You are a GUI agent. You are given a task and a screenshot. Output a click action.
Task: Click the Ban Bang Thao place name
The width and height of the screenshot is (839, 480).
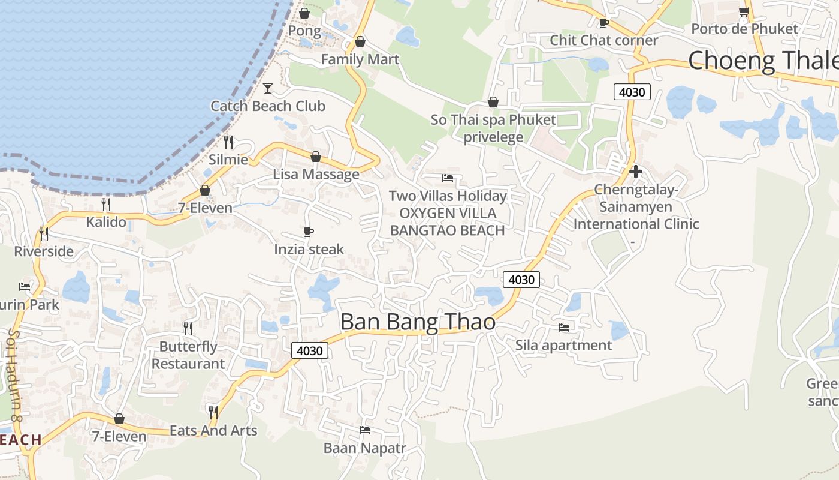(418, 322)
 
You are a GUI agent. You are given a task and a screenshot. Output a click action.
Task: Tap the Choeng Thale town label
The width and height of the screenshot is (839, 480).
(763, 61)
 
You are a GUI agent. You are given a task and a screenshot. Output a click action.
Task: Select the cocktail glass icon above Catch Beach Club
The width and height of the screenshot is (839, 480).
(268, 88)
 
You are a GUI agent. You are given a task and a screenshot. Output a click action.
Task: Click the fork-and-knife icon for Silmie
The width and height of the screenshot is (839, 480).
(228, 142)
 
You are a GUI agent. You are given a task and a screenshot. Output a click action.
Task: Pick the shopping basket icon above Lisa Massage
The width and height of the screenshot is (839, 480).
(316, 157)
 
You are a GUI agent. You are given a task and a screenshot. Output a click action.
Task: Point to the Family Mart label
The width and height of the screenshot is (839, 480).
(360, 59)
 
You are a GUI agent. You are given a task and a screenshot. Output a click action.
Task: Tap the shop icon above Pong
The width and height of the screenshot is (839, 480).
(304, 13)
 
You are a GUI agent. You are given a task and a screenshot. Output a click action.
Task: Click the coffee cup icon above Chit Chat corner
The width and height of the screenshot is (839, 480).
(603, 23)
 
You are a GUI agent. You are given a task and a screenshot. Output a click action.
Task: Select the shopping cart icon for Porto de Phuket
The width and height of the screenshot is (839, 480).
(744, 11)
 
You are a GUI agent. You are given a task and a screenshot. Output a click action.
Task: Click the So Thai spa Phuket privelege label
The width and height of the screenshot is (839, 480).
(493, 128)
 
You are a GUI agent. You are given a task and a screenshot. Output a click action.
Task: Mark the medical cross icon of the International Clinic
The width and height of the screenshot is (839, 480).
(636, 172)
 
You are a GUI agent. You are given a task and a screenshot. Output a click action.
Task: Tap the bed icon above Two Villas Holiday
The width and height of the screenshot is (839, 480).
(448, 178)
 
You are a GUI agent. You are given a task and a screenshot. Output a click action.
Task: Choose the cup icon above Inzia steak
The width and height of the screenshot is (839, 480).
(309, 232)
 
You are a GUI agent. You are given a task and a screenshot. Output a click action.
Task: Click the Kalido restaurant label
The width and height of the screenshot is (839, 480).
(106, 222)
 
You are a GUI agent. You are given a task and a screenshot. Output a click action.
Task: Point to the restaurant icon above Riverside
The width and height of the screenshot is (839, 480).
(44, 233)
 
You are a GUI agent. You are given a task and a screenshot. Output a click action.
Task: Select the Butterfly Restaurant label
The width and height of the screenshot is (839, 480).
(188, 355)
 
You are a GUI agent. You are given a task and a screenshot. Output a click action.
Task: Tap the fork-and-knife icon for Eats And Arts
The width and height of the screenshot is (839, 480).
(213, 412)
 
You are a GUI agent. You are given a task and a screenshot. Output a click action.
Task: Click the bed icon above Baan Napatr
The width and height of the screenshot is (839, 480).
(364, 430)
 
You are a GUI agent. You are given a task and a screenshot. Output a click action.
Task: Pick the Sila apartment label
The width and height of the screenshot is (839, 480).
(563, 345)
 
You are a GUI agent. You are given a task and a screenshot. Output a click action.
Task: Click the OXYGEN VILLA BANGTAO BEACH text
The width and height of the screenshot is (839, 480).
(448, 222)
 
